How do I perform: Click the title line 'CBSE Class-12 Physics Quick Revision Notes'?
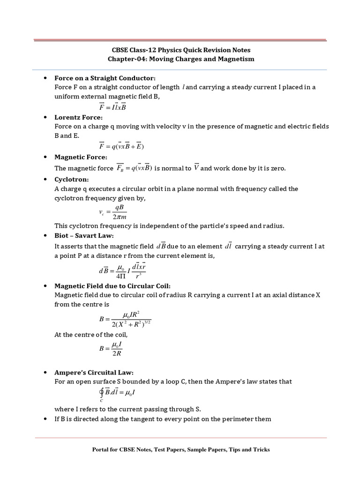click(x=180, y=50)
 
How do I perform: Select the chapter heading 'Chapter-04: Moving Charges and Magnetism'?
click(x=180, y=59)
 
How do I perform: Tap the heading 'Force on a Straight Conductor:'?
click(x=105, y=78)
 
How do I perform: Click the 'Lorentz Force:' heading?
click(x=78, y=117)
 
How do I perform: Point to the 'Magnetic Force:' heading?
click(x=81, y=157)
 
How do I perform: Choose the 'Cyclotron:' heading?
click(x=71, y=180)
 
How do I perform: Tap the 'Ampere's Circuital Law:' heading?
click(x=94, y=372)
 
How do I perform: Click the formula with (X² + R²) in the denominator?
click(x=125, y=320)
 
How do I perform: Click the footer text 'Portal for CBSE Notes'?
click(x=180, y=450)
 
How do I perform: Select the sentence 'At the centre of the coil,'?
click(x=91, y=335)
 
